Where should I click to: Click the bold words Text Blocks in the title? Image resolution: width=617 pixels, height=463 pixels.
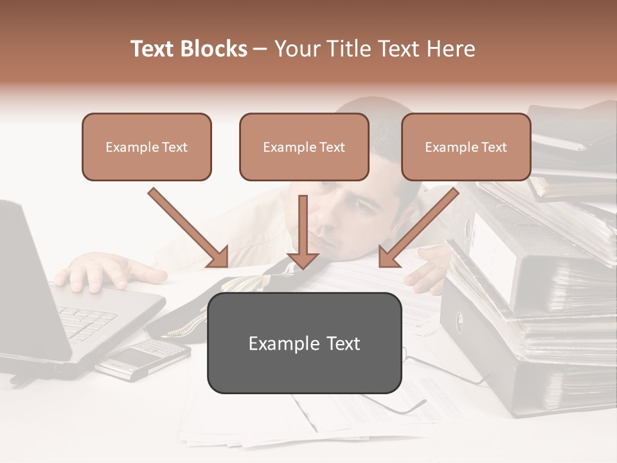click(189, 49)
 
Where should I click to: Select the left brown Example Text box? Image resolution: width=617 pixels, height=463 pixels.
click(147, 147)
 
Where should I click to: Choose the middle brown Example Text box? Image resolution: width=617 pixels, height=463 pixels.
click(304, 147)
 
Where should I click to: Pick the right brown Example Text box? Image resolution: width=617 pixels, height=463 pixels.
click(466, 147)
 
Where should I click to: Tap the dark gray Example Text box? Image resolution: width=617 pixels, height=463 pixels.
click(304, 343)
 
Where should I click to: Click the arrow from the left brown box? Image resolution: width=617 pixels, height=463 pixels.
click(188, 228)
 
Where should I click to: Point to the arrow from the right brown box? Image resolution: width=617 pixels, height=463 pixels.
click(419, 228)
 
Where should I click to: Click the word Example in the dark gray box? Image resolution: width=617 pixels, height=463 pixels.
click(277, 343)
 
